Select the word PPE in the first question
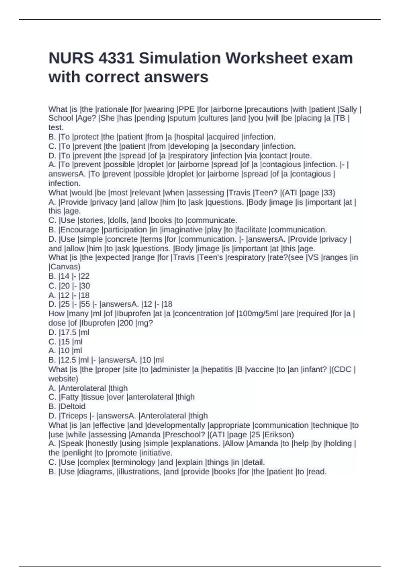tap(187, 109)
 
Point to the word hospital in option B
tap(191, 137)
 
